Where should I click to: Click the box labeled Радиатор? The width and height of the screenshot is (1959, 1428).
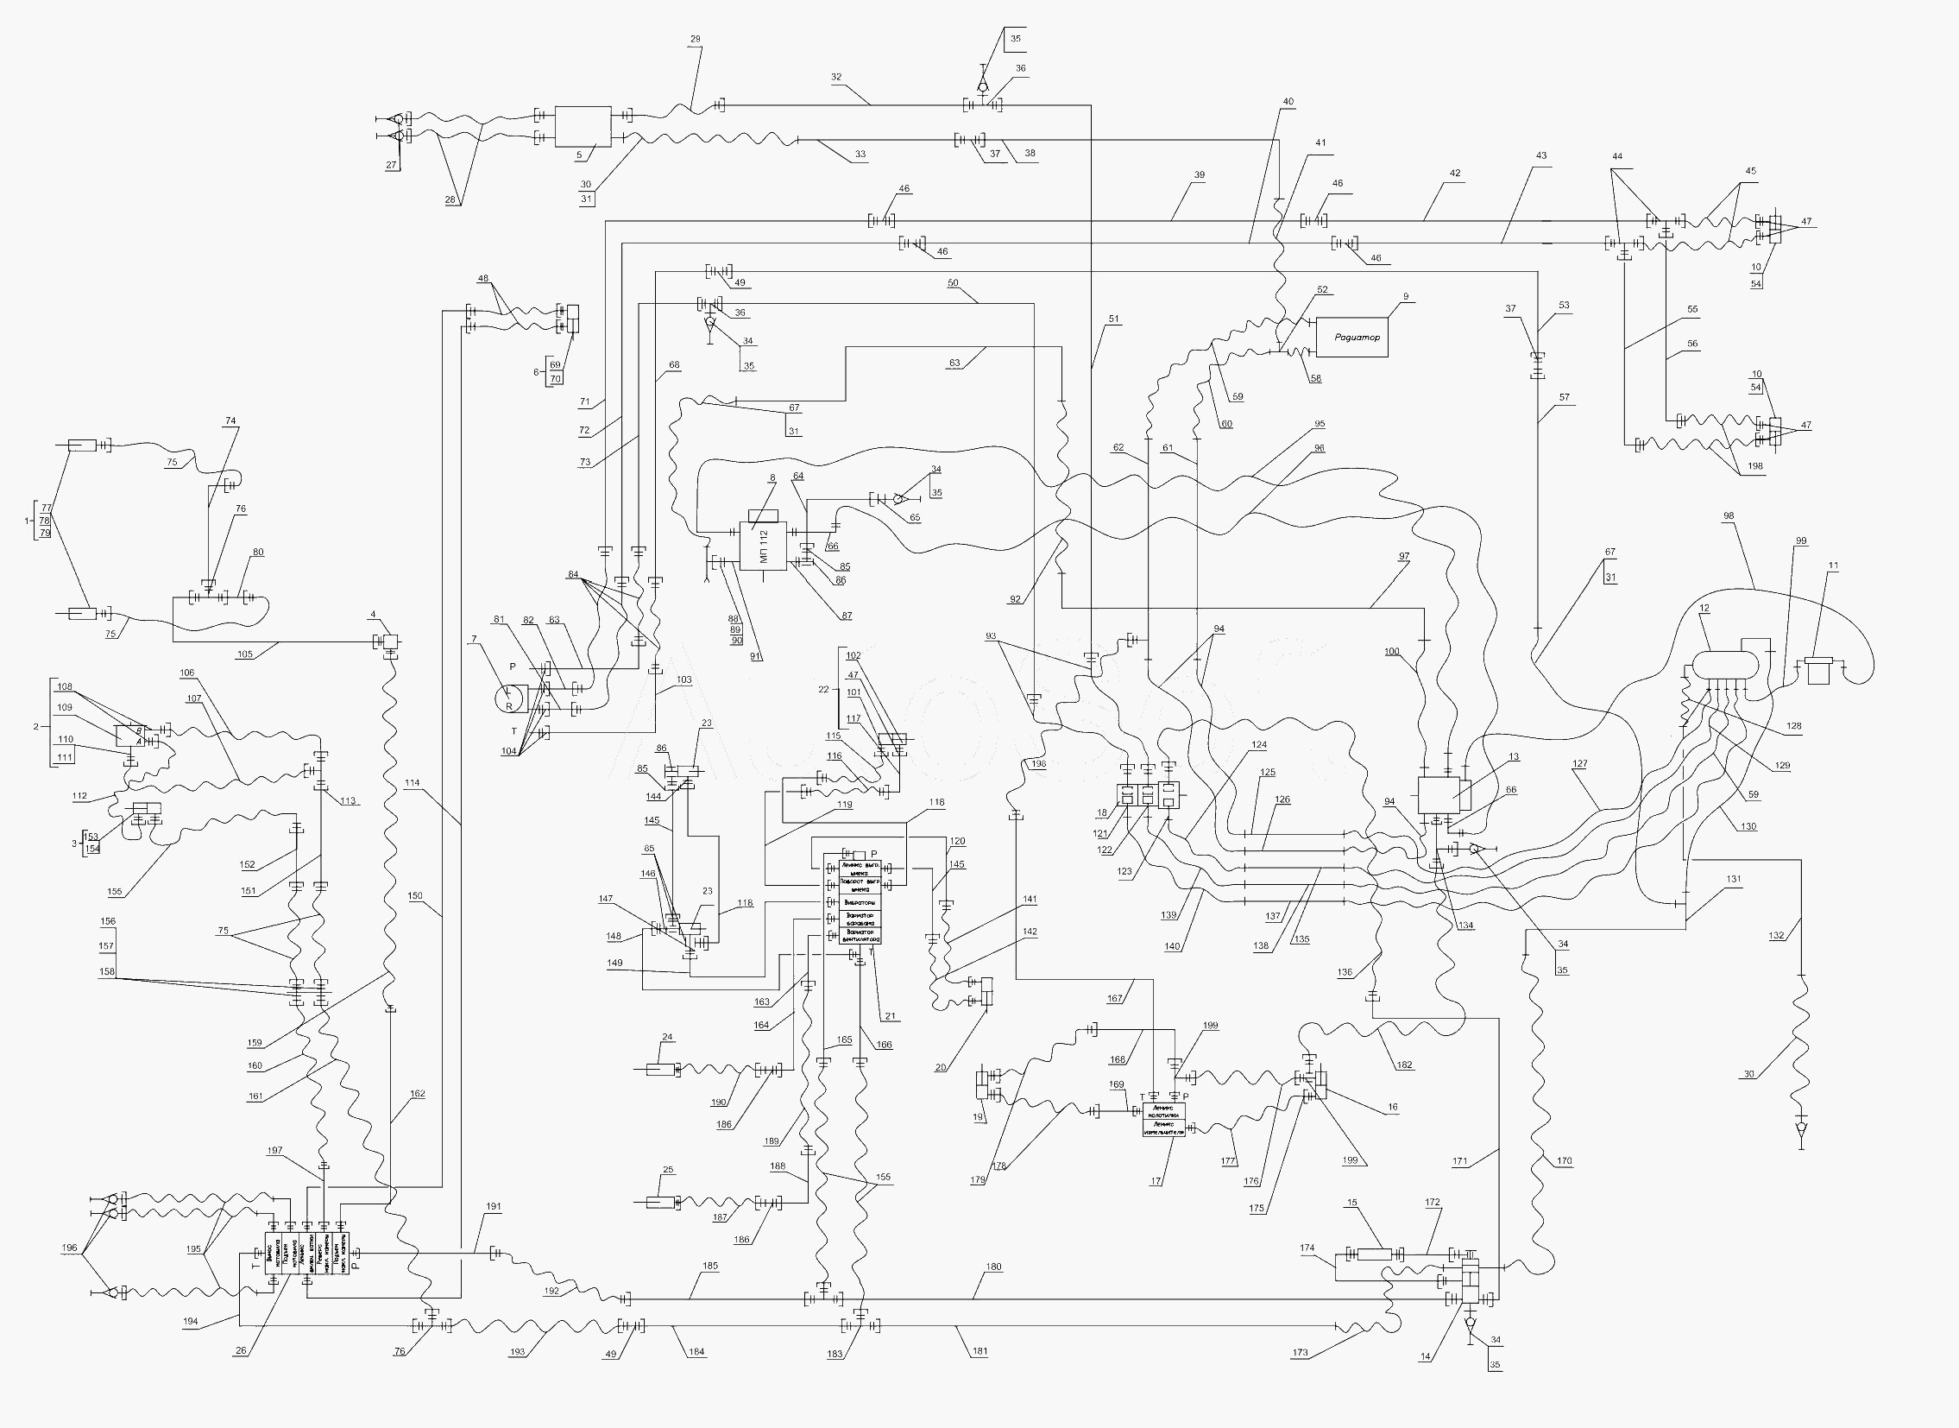click(x=1351, y=337)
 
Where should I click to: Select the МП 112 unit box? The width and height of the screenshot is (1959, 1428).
click(x=763, y=547)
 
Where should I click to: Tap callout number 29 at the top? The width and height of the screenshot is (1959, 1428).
click(x=696, y=40)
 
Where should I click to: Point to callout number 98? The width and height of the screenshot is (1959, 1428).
click(x=1728, y=516)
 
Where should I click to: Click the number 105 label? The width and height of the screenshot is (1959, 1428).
click(x=244, y=654)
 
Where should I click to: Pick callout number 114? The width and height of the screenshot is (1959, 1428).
click(x=413, y=783)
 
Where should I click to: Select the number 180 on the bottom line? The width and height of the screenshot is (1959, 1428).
click(x=994, y=1267)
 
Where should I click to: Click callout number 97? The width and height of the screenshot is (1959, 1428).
click(x=1404, y=557)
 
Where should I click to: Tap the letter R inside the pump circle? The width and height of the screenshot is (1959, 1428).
click(x=509, y=706)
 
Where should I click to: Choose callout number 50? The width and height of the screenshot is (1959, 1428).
click(x=953, y=283)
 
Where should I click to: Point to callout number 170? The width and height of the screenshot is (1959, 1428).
click(x=1565, y=1161)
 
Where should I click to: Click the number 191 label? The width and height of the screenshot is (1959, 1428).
click(x=494, y=1207)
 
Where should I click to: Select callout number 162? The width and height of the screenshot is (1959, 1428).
click(x=418, y=1095)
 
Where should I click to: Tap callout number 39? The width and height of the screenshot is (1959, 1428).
click(x=1200, y=175)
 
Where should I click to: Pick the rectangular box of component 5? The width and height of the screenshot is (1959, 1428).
click(x=583, y=126)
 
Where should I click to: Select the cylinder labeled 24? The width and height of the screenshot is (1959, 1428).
click(x=660, y=1070)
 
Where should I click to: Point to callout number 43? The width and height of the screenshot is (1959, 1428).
click(x=1541, y=156)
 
